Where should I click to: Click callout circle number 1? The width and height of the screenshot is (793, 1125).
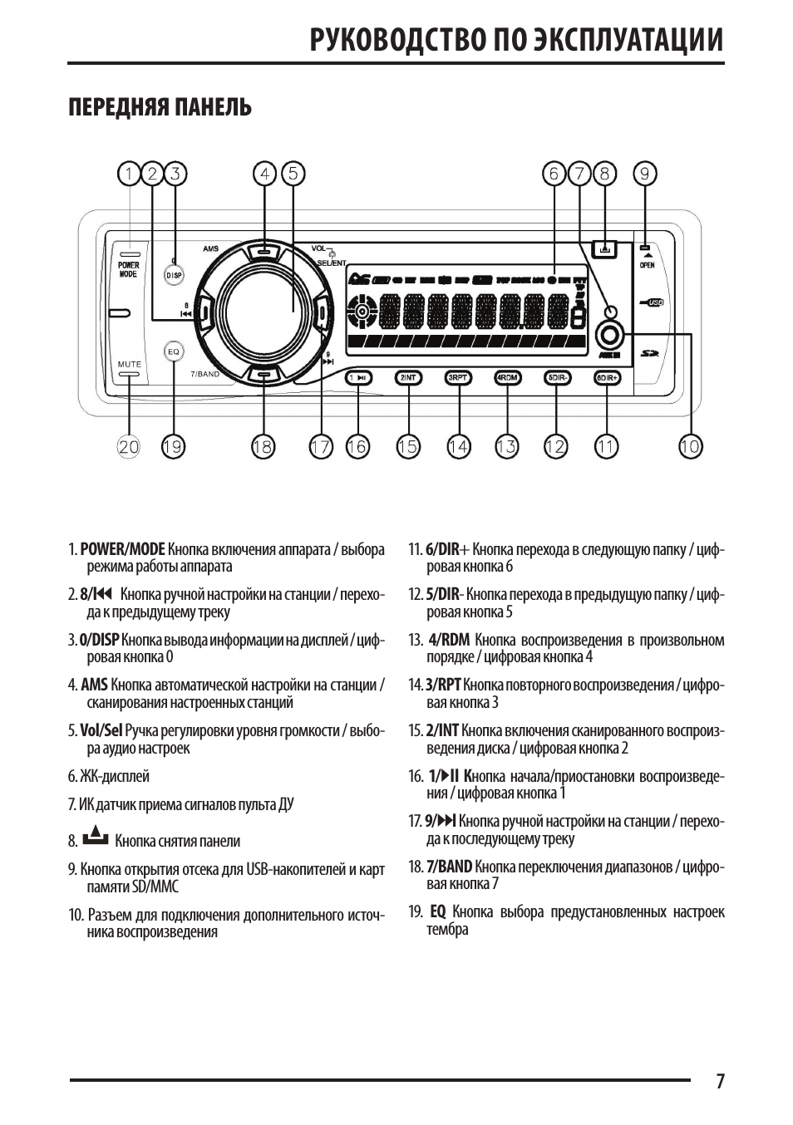pyautogui.click(x=129, y=174)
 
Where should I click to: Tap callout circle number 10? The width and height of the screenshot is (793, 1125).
pyautogui.click(x=690, y=446)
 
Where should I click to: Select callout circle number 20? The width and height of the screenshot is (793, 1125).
pyautogui.click(x=129, y=446)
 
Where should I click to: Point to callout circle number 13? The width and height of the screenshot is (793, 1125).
pyautogui.click(x=506, y=446)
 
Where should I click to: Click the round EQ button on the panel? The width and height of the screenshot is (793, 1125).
pyautogui.click(x=174, y=351)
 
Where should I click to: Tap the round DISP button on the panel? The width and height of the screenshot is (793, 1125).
pyautogui.click(x=175, y=274)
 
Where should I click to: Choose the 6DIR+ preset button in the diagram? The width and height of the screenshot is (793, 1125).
pyautogui.click(x=608, y=378)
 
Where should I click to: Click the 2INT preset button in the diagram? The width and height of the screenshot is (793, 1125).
pyautogui.click(x=408, y=378)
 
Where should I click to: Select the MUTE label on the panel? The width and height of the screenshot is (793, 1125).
pyautogui.click(x=129, y=364)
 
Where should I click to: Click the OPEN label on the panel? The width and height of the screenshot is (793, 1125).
pyautogui.click(x=647, y=265)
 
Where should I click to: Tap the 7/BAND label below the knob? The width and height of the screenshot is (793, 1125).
pyautogui.click(x=205, y=375)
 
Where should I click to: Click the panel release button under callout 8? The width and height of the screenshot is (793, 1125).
pyautogui.click(x=604, y=248)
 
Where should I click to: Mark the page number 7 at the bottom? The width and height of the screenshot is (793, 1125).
pyautogui.click(x=720, y=1081)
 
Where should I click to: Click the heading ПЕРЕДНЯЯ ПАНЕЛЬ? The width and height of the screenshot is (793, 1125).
pyautogui.click(x=160, y=108)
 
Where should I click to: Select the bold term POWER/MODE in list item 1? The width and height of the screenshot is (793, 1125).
pyautogui.click(x=123, y=549)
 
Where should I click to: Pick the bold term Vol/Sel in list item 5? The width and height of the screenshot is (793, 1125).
pyautogui.click(x=101, y=730)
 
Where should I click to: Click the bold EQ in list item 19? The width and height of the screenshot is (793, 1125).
pyautogui.click(x=438, y=911)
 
